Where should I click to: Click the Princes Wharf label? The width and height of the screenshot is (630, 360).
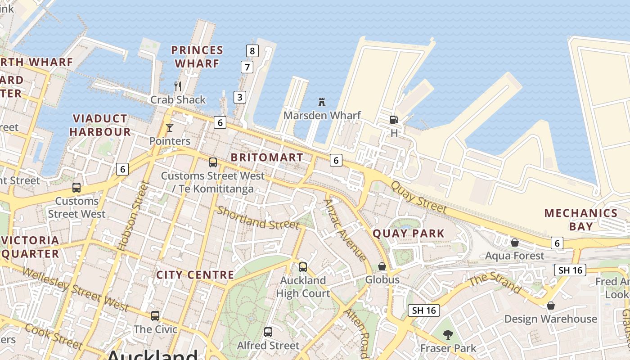point(197,56)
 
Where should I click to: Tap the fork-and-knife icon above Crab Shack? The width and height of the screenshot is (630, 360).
point(178,86)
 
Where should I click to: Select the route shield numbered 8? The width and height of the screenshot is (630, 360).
point(252,51)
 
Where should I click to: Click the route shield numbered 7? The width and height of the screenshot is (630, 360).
point(247,67)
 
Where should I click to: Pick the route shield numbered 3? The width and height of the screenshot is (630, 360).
point(240,97)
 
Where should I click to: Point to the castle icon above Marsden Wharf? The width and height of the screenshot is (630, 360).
point(322,102)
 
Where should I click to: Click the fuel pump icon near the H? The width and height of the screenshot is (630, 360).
point(394,120)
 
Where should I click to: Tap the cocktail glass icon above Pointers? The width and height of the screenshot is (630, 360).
point(170,128)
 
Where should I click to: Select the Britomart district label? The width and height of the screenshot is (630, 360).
point(267,157)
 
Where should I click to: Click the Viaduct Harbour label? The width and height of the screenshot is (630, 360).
point(100,125)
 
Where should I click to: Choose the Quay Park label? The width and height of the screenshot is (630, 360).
point(409,234)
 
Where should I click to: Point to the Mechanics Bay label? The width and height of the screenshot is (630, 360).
point(581,219)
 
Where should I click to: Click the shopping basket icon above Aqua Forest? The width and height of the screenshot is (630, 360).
point(515,243)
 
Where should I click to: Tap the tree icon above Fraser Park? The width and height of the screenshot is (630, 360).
point(448,335)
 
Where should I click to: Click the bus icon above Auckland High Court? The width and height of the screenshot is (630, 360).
point(303,267)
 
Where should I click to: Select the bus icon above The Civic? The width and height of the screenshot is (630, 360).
point(155,316)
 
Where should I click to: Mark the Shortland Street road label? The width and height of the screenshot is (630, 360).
point(258,218)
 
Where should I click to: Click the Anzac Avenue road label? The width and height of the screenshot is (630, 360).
point(345,229)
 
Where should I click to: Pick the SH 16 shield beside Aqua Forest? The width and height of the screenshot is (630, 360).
point(570,270)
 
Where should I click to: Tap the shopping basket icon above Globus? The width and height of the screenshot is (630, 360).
point(382,267)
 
